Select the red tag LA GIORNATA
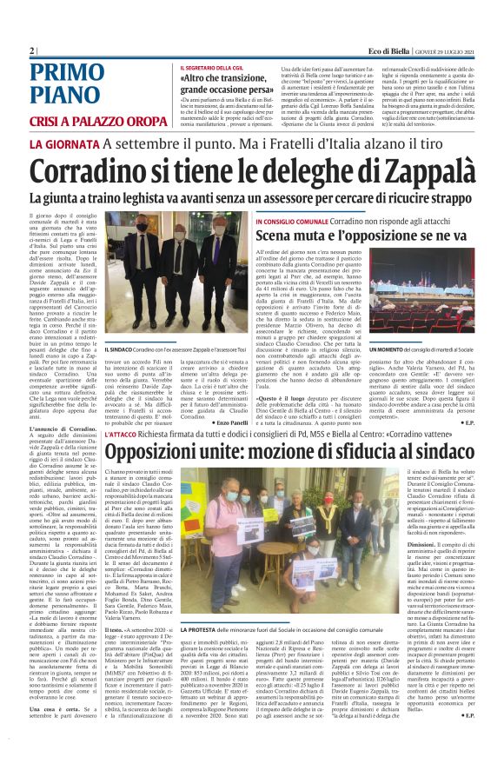(x=63, y=143)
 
